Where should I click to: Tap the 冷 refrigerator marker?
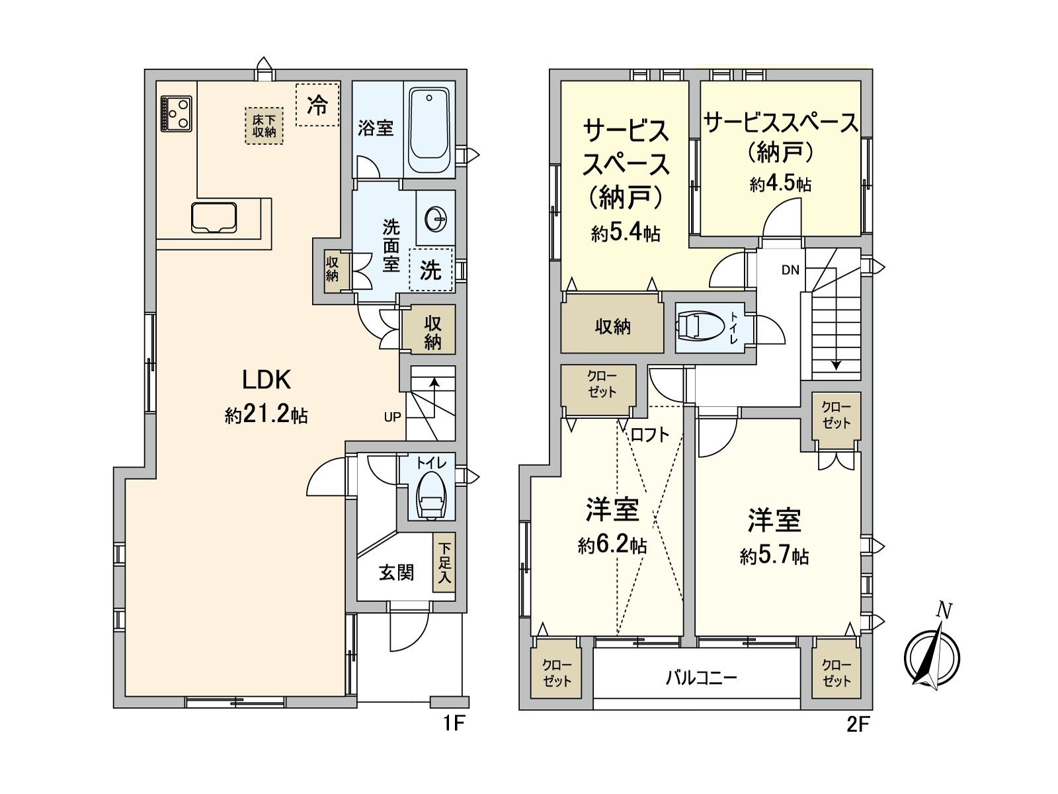tap(317, 105)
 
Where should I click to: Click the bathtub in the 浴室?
tap(429, 130)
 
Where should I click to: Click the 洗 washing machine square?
tap(431, 269)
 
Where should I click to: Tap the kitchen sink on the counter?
tap(214, 218)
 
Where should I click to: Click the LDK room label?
tap(266, 380)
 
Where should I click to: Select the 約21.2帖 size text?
tap(266, 415)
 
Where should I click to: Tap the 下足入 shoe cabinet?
tap(444, 563)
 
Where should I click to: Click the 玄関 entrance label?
tap(396, 572)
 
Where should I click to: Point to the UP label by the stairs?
tap(393, 417)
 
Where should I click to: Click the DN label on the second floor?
tap(790, 270)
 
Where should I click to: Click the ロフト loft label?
tap(649, 435)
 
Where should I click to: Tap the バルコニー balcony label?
tap(701, 678)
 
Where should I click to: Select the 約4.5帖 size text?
tap(780, 183)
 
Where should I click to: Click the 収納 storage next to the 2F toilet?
tap(612, 326)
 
